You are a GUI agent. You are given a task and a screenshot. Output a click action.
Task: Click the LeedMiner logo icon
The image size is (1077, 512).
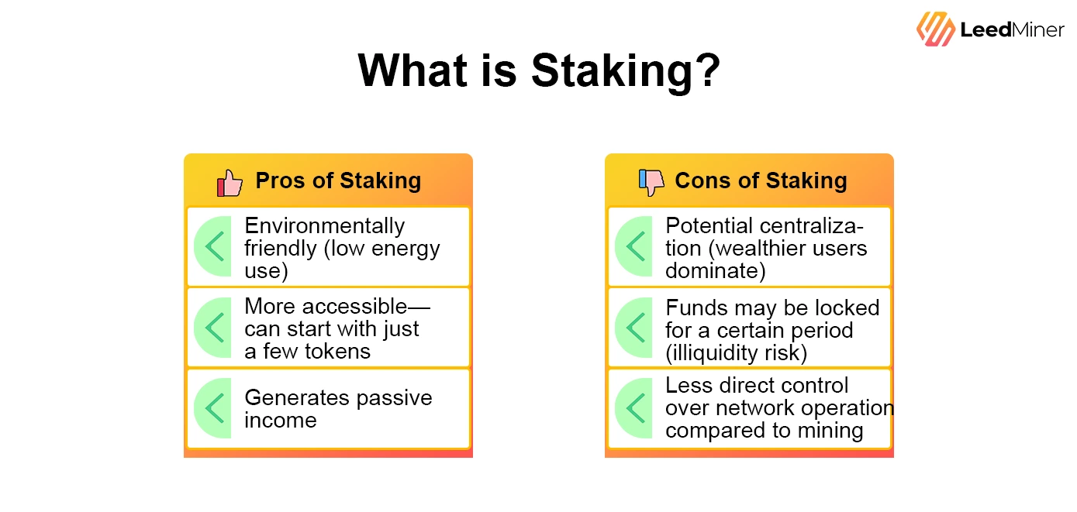pyautogui.click(x=936, y=29)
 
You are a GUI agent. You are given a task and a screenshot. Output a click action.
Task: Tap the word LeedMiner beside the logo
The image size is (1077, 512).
pyautogui.click(x=1013, y=30)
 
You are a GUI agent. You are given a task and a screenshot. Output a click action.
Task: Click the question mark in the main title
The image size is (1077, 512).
pyautogui.click(x=705, y=72)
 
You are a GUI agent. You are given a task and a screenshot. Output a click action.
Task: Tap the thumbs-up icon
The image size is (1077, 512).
pyautogui.click(x=230, y=183)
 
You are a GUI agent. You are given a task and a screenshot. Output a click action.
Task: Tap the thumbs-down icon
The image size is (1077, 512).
pyautogui.click(x=651, y=182)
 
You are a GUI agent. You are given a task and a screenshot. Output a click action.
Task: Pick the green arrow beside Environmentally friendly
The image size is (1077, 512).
pyautogui.click(x=215, y=246)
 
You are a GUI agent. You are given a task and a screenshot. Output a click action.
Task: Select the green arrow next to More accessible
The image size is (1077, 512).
pyautogui.click(x=215, y=328)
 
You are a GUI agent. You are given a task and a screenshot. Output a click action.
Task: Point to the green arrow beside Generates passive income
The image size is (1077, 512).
pyautogui.click(x=215, y=408)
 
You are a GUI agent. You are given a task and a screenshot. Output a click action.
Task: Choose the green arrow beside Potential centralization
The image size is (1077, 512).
pyautogui.click(x=636, y=246)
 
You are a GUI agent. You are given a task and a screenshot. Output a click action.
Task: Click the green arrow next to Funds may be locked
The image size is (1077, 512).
pyautogui.click(x=636, y=328)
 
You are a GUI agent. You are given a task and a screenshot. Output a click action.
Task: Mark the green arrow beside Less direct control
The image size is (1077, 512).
pyautogui.click(x=636, y=408)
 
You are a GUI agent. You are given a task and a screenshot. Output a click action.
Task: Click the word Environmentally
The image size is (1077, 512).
pyautogui.click(x=324, y=226)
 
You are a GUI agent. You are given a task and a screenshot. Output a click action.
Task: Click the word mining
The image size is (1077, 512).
pyautogui.click(x=831, y=431)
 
